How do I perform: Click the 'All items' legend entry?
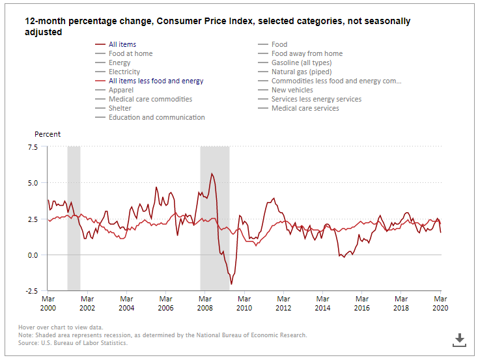tap(122, 44)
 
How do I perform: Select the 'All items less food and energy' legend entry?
tap(156, 81)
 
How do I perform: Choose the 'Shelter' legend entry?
tap(120, 108)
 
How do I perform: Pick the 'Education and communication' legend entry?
tap(156, 117)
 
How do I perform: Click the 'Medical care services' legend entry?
tap(305, 108)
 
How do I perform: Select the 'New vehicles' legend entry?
tap(292, 90)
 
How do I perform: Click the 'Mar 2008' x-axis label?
tap(205, 303)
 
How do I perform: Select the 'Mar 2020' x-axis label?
tap(440, 303)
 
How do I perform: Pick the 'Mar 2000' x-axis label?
tap(48, 303)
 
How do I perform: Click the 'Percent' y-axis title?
tap(48, 134)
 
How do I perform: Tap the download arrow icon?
tap(459, 339)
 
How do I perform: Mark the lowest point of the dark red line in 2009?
tap(231, 284)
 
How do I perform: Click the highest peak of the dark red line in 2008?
tap(212, 173)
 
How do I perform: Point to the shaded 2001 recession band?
tap(74, 218)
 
